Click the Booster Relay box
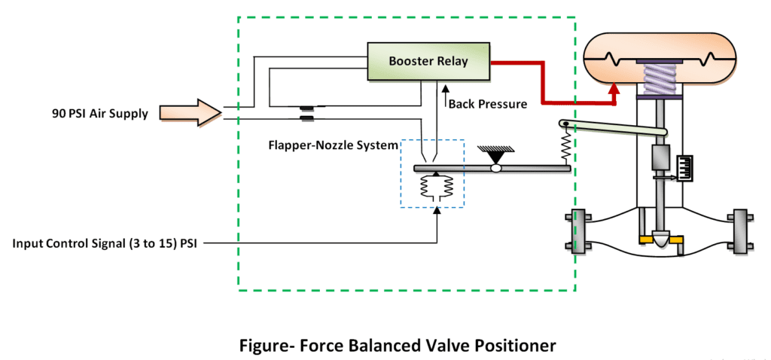click(428, 62)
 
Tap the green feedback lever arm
click(614, 129)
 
